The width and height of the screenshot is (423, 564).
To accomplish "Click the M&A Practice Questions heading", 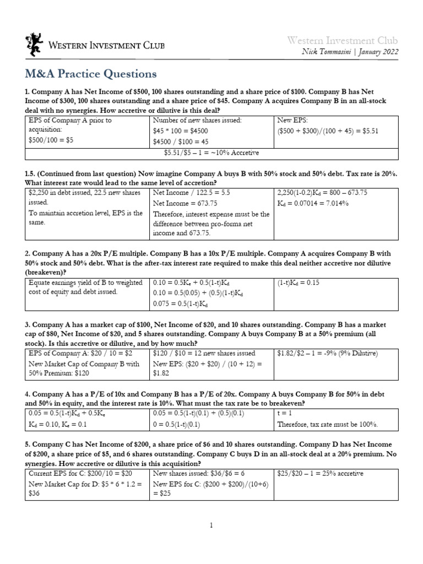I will click(x=91, y=73).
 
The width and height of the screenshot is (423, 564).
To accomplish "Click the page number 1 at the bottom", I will click(x=211, y=527).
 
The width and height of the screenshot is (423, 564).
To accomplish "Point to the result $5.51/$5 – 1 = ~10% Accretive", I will click(x=211, y=153).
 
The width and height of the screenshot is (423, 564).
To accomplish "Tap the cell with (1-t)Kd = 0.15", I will click(x=300, y=283).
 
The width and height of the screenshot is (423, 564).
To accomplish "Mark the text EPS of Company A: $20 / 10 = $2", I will click(x=72, y=353).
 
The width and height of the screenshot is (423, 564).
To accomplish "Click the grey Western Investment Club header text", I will click(x=341, y=40).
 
